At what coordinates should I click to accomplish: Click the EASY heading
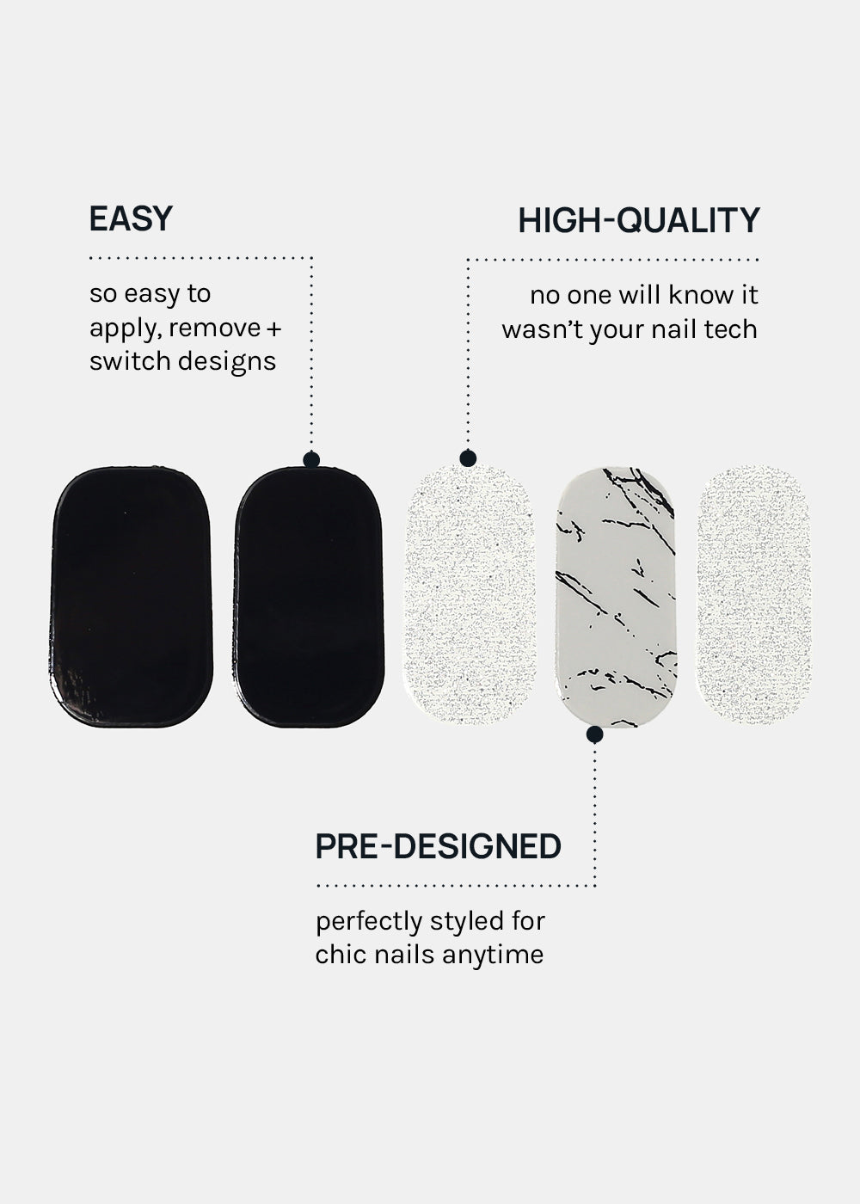point(131,218)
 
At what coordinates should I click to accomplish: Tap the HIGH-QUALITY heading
point(638,220)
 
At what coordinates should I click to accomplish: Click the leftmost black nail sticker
point(132,597)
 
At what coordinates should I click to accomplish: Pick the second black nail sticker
point(309,597)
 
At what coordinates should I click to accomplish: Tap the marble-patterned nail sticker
point(616,597)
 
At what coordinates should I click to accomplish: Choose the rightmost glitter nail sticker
point(754,595)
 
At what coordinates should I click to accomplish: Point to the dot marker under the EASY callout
point(311,459)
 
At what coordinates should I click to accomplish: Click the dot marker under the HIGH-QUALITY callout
point(468,458)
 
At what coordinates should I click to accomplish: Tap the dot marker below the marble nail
point(594,734)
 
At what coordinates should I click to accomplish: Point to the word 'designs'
point(227,362)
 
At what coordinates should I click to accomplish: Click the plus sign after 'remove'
point(274,329)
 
